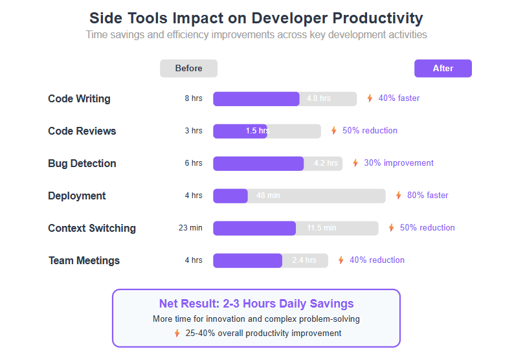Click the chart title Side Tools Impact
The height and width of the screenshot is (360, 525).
[256, 18]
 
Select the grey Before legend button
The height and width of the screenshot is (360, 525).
[188, 68]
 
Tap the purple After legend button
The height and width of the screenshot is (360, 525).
[443, 68]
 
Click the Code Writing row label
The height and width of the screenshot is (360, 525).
[79, 98]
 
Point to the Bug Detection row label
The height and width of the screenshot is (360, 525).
[82, 163]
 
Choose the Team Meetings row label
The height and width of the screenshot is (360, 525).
[84, 260]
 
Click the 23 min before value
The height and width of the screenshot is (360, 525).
[190, 228]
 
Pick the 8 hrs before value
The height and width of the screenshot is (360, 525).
[193, 98]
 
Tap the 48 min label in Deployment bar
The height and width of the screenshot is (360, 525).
[268, 196]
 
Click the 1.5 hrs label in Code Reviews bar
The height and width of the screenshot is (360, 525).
[257, 131]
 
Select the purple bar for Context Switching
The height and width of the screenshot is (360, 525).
[254, 228]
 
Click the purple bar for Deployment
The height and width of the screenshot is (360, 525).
[230, 196]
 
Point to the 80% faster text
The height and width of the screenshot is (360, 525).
[427, 195]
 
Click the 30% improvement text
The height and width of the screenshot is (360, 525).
[399, 163]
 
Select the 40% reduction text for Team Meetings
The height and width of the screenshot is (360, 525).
[377, 260]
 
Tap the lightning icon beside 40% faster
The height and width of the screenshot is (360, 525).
[370, 98]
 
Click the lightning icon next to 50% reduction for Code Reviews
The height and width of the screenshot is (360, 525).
[333, 131]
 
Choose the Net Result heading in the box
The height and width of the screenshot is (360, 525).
[256, 304]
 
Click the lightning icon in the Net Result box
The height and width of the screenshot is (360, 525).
[177, 333]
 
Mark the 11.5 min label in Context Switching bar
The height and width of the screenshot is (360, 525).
[322, 228]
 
